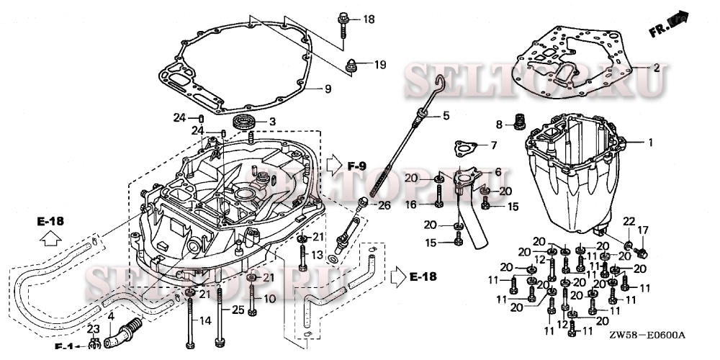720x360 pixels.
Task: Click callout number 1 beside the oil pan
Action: click(650, 143)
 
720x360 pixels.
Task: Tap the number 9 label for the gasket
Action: click(327, 89)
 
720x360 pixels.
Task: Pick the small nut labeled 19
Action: click(352, 65)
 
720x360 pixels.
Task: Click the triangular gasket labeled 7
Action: click(464, 148)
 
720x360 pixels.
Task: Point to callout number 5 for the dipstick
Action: click(446, 115)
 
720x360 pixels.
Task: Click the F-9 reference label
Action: click(357, 167)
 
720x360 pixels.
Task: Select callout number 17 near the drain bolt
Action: click(642, 230)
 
